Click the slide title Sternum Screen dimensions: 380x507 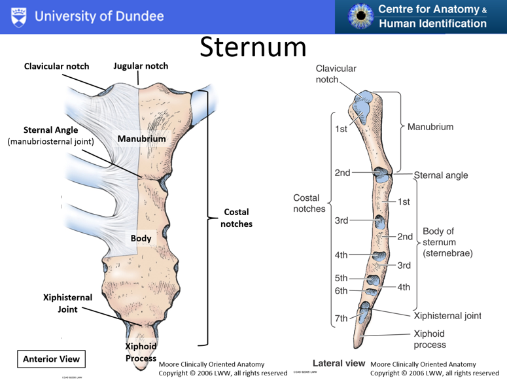pos(253,47)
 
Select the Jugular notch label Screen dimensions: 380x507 pos(141,66)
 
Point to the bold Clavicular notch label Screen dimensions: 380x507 pos(57,66)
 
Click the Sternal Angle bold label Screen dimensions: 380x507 pos(50,130)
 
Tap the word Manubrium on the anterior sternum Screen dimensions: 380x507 pos(141,139)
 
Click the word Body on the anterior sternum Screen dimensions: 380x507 pos(141,238)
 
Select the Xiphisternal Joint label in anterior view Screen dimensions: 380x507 pos(68,303)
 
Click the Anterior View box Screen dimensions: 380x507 pos(51,358)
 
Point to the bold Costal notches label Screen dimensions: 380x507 pos(236,218)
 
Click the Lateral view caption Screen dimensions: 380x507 pos(338,363)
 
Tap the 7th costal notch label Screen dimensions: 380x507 pos(341,319)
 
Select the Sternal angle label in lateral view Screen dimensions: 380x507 pos(440,175)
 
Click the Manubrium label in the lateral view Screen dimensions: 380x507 pos(430,127)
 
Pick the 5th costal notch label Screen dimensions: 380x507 pos(341,278)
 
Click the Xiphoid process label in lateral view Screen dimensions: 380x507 pos(429,339)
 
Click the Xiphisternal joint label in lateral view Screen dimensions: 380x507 pos(447,316)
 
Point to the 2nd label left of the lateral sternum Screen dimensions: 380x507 pos(342,173)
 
